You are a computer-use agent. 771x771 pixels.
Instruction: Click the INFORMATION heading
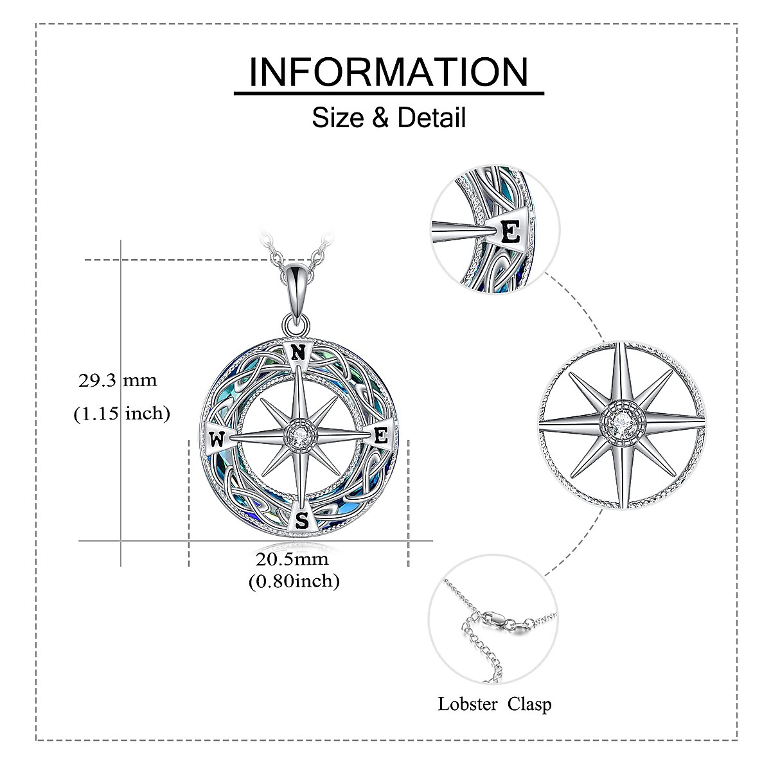[389, 71]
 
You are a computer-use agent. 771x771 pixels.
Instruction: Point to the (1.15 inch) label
[121, 414]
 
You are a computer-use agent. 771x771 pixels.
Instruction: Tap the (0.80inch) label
[294, 581]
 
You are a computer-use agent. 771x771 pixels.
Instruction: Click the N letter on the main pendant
[297, 352]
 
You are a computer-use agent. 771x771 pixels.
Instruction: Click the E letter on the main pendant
[380, 436]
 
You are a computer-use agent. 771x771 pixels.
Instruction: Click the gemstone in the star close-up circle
[621, 425]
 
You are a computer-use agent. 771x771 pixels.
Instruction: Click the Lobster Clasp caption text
[495, 704]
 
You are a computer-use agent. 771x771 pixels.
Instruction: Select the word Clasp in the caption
[529, 704]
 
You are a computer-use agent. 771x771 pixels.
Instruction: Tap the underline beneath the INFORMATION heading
[389, 94]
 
